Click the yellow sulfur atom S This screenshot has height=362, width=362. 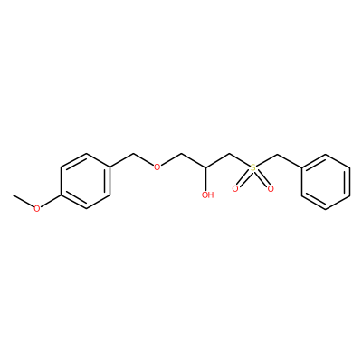point(252,167)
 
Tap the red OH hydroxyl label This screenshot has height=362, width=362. point(207,195)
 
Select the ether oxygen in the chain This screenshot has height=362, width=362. point(157,167)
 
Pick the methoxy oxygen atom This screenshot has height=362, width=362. point(37,208)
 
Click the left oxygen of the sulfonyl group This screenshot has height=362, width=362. point(235,189)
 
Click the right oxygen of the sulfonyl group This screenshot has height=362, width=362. point(271,189)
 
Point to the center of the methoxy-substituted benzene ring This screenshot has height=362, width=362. point(85,181)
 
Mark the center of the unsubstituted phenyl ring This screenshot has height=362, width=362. point(326,182)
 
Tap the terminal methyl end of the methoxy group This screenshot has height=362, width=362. point(13,195)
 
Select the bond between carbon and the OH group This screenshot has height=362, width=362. point(206,178)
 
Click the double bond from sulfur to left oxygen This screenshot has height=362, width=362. point(243,178)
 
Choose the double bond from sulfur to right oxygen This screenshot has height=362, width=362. point(262,178)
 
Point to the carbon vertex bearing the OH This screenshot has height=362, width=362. point(206,167)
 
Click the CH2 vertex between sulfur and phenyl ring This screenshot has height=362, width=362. point(277,155)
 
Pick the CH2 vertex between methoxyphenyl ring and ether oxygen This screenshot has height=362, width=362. point(133,154)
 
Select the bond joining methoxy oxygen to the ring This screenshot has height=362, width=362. point(51,201)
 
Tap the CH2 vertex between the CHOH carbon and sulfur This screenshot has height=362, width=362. point(230,154)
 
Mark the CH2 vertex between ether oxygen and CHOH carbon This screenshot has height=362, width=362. point(182,154)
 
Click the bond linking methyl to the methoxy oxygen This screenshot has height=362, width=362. point(23,201)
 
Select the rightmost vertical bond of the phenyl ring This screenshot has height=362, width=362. point(350,182)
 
